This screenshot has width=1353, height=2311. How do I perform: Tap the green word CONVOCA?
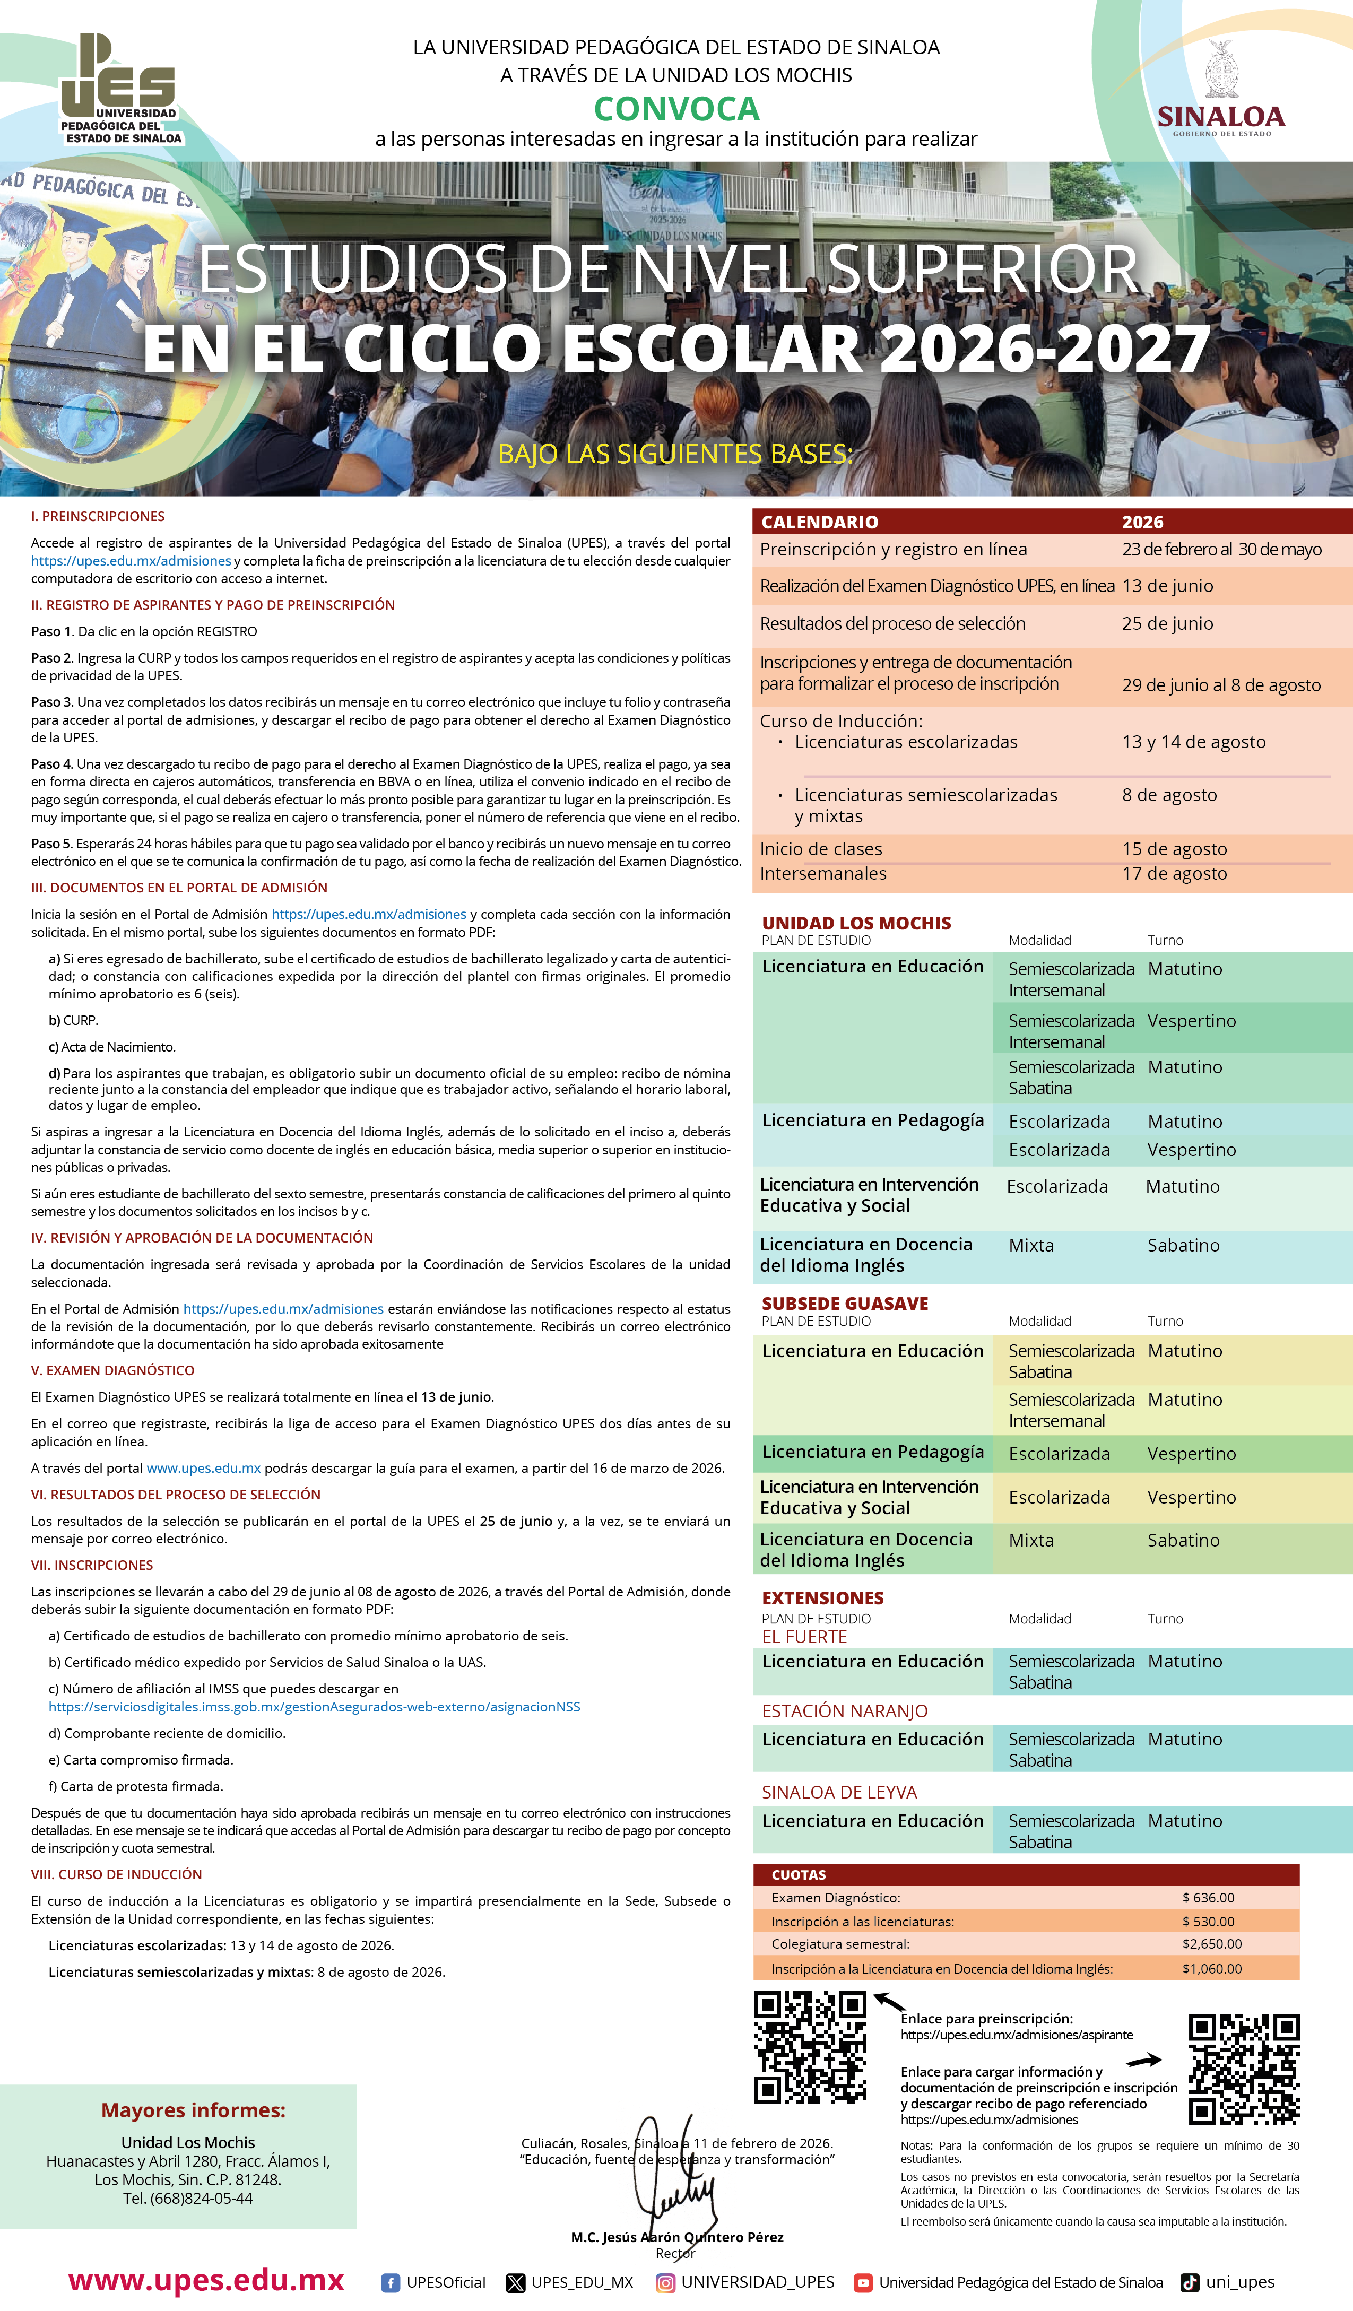coord(676,109)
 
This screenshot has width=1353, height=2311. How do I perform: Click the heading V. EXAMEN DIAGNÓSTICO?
coord(113,1370)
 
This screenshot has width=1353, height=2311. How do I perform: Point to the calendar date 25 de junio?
coord(1167,623)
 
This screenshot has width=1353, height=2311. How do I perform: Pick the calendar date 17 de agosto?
coord(1174,874)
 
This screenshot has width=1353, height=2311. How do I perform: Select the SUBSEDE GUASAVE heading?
coord(845,1303)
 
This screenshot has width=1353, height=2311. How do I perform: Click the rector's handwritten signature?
coord(674,2174)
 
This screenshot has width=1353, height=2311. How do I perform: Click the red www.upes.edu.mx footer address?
coord(206,2281)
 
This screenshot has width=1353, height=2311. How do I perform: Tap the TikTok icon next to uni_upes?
coord(1190,2282)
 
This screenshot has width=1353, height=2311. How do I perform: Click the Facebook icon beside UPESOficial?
coord(390,2282)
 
